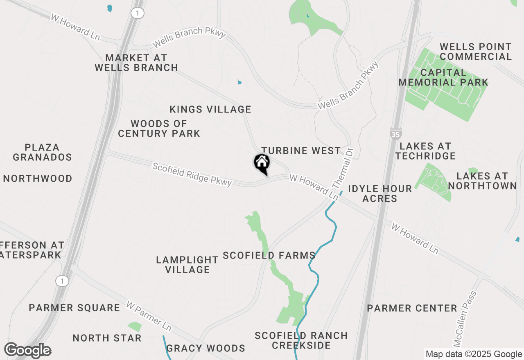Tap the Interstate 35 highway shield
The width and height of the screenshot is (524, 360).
click(x=396, y=134)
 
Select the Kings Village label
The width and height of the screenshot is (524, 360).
click(x=210, y=109)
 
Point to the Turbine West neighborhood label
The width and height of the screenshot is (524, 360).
click(x=301, y=151)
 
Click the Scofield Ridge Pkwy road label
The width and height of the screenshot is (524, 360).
click(x=192, y=175)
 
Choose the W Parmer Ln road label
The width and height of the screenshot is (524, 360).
click(x=149, y=316)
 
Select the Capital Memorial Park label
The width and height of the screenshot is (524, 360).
click(x=443, y=77)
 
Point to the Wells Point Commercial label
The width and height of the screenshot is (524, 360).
click(x=476, y=52)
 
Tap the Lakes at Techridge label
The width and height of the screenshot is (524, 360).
click(x=425, y=151)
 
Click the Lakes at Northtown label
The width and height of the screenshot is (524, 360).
click(x=482, y=181)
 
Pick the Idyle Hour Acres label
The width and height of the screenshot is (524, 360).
click(x=380, y=193)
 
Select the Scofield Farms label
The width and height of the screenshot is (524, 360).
click(x=269, y=256)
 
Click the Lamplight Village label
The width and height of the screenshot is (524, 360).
click(x=187, y=265)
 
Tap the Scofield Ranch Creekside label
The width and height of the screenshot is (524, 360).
click(x=301, y=340)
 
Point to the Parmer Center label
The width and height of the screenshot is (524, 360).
click(x=412, y=308)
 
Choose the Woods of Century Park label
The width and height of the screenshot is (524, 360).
click(x=159, y=128)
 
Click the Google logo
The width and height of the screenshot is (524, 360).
click(x=27, y=351)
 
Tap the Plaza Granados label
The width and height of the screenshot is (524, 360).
click(x=42, y=152)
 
